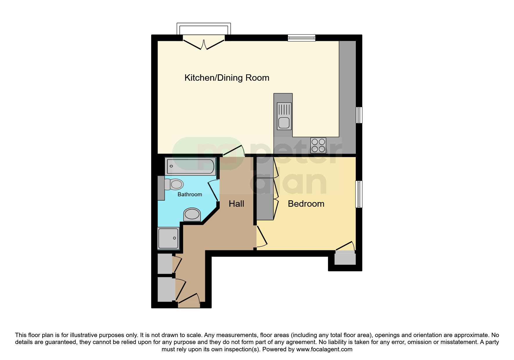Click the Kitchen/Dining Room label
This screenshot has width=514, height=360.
click(227, 78)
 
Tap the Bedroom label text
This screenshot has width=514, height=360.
click(306, 204)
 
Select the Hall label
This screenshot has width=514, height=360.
click(236, 204)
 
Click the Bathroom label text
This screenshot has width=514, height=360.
click(190, 195)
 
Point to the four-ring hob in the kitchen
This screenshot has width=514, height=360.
click(318, 145)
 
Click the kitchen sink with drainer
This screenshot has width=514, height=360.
click(284, 116)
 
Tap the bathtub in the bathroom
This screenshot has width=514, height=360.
click(190, 166)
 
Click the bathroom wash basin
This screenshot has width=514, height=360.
click(192, 215)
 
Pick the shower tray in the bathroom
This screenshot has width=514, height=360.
click(168, 238)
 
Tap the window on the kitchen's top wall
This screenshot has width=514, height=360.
click(301, 37)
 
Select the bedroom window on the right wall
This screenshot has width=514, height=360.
click(359, 194)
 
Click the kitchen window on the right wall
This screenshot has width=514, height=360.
click(359, 115)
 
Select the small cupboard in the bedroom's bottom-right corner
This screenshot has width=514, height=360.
click(345, 258)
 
